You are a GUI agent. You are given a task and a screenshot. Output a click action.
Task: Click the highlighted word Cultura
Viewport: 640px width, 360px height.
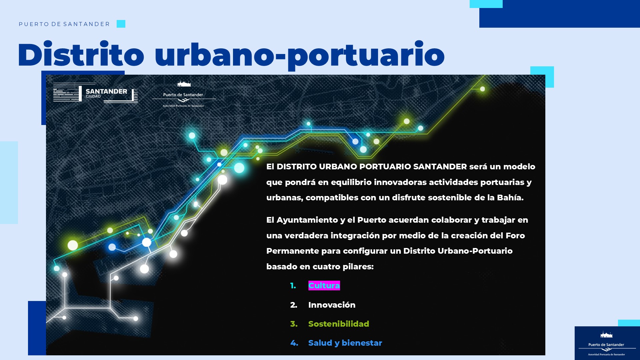point(324,286)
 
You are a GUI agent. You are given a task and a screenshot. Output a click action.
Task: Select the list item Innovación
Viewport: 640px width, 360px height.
point(332,305)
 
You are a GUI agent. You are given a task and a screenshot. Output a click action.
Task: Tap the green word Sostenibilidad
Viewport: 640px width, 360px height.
point(339,324)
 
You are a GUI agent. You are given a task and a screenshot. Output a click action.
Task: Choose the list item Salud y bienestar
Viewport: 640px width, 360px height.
point(345,343)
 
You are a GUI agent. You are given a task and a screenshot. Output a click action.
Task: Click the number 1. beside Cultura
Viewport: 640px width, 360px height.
point(293,286)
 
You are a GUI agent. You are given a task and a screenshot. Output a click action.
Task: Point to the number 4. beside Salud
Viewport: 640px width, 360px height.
point(294,343)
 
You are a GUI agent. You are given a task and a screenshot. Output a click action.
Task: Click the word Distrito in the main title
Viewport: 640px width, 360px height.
point(81,54)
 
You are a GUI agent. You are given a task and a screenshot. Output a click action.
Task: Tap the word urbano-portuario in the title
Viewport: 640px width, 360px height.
point(300,55)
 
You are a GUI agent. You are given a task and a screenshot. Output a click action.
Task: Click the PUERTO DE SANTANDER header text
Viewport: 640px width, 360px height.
point(64,24)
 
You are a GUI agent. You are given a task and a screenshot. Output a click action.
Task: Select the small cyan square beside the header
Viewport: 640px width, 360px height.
point(121,24)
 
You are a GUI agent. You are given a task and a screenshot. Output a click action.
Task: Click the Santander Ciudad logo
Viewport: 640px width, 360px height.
point(95,93)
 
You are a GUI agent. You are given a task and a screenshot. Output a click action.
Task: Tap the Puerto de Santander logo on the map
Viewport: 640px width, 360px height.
point(184,94)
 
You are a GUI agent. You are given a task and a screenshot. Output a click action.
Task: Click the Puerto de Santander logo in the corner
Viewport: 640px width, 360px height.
point(607,343)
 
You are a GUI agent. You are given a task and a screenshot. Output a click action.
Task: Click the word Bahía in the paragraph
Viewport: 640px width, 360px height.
point(510,198)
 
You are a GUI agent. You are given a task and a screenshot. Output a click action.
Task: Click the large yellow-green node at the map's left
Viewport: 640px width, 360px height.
point(73,245)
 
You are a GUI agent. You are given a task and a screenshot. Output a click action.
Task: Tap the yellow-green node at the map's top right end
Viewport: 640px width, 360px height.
point(482,89)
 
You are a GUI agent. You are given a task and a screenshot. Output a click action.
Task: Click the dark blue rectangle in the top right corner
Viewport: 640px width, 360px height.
point(560,14)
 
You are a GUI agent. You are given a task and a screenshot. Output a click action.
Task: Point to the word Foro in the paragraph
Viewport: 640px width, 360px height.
point(515,236)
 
